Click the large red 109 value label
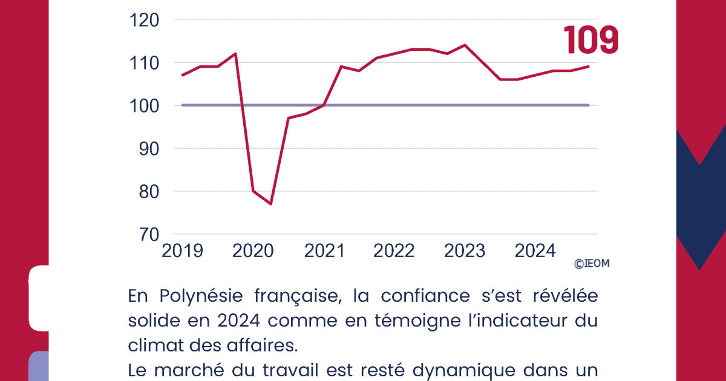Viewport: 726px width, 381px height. coord(592,41)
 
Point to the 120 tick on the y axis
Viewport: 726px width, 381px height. coord(145,20)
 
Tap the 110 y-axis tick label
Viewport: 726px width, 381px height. coord(145,63)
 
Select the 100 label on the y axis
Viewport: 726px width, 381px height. coord(145,105)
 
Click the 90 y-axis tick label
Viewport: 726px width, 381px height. coord(148,148)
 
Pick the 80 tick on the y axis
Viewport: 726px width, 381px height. coord(148,191)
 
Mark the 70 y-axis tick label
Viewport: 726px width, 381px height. coord(148,234)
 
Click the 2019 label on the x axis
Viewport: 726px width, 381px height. coord(182,250)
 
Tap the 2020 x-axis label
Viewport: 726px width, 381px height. coord(253,250)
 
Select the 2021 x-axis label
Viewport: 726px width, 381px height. coord(324,250)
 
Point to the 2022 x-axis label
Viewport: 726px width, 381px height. coord(394,250)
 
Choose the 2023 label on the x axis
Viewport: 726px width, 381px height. coord(465,250)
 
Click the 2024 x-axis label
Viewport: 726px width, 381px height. coord(535,250)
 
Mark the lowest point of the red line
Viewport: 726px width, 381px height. coord(270,204)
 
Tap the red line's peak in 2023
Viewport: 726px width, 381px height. coord(465,45)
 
